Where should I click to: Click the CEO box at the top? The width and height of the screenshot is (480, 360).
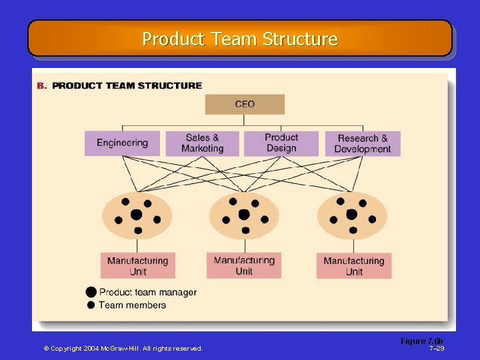click(245, 104)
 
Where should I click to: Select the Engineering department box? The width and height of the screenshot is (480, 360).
click(122, 143)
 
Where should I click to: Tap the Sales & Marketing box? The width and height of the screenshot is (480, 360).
click(202, 143)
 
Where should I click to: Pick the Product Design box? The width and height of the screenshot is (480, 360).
click(281, 143)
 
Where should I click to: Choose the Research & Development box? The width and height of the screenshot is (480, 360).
click(363, 143)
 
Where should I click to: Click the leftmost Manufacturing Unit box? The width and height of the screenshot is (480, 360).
click(138, 265)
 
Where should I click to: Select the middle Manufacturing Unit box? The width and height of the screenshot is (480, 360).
click(244, 265)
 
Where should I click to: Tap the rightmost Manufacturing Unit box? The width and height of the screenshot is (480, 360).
click(354, 265)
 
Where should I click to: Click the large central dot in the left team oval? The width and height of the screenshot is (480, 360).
click(136, 215)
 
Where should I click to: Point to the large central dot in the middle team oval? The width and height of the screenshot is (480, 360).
click(244, 215)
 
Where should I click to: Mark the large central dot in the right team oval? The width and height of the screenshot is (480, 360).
click(351, 215)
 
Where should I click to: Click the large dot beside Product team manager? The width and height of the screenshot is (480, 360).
click(91, 292)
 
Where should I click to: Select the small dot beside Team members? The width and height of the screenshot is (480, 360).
click(91, 305)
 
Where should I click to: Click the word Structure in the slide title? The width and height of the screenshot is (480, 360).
click(300, 39)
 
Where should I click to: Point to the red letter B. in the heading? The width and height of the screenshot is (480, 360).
click(41, 85)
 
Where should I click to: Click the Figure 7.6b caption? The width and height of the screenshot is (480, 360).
click(421, 341)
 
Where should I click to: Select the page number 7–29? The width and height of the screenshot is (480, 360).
click(437, 348)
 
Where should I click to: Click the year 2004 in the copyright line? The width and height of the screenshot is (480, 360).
click(94, 348)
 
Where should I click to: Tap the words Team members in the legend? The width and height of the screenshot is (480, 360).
click(132, 305)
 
